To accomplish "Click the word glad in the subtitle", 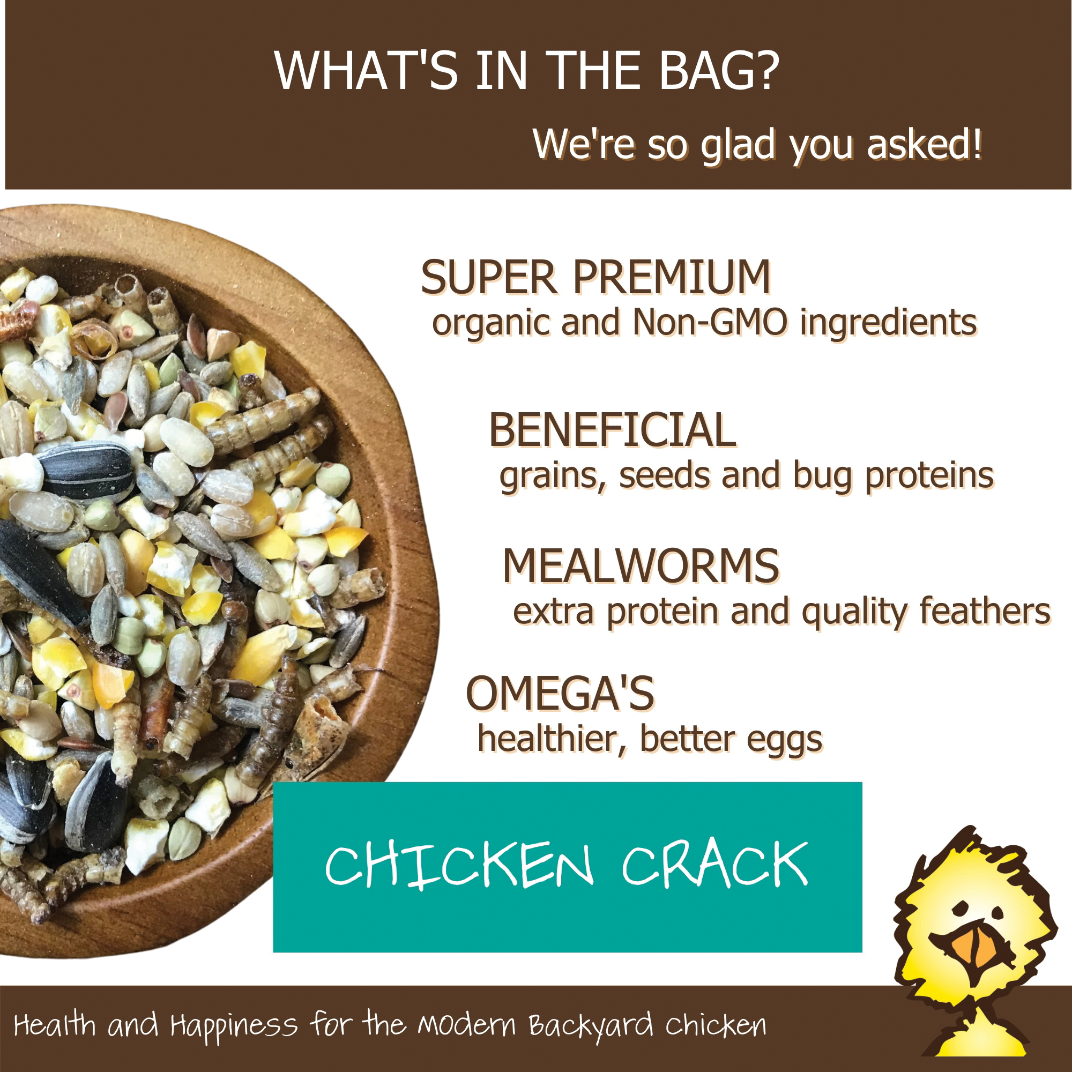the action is coord(738,145).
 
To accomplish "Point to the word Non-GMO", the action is coord(710,322).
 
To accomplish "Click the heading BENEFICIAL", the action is coord(612,430).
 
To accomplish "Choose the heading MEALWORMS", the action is coord(641,566).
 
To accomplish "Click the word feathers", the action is coord(985,612).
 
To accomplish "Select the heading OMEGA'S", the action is coord(560,694).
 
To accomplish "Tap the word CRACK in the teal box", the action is coord(714,863).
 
